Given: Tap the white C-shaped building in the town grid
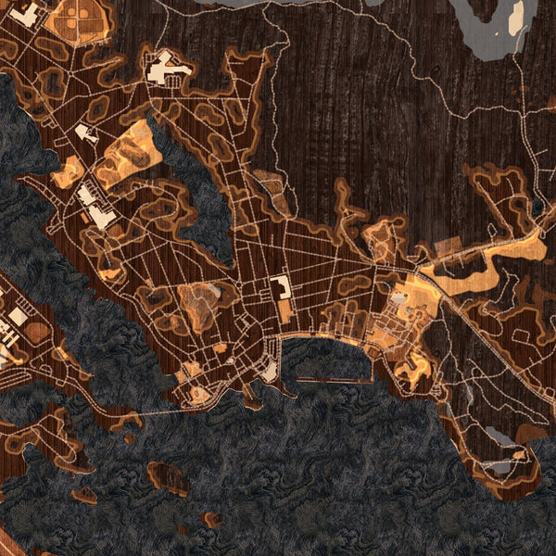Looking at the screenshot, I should [x=280, y=287].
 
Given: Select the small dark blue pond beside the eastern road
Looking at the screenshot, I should [x=538, y=206].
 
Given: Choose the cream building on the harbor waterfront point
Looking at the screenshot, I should [x=269, y=371].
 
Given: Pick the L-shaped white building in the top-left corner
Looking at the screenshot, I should [x=26, y=13].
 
